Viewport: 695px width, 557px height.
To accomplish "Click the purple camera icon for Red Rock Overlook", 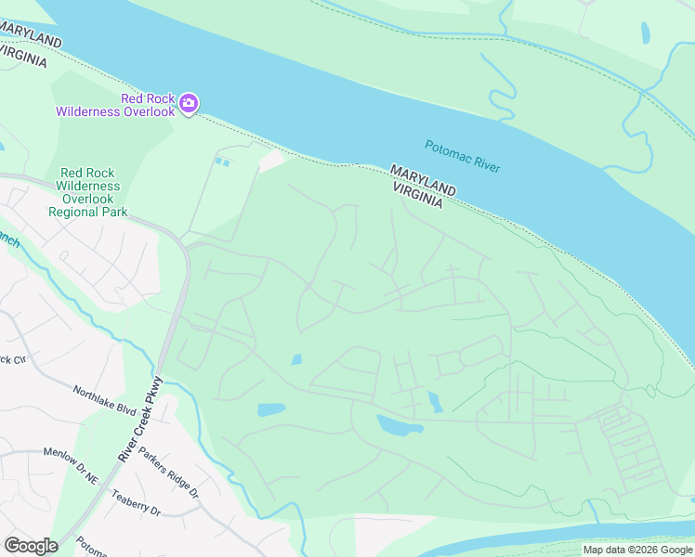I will [x=189, y=102].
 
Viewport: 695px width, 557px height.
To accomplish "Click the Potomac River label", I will [x=463, y=156].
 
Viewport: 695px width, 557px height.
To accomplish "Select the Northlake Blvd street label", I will [x=105, y=400].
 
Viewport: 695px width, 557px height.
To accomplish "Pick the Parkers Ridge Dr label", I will [x=168, y=473].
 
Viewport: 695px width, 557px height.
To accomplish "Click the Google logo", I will [x=31, y=546].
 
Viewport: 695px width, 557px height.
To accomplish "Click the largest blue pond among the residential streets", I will [x=400, y=426].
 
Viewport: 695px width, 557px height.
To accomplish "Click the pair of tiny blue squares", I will [x=222, y=162].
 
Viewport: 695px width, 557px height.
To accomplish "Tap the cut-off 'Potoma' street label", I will [x=93, y=545].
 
